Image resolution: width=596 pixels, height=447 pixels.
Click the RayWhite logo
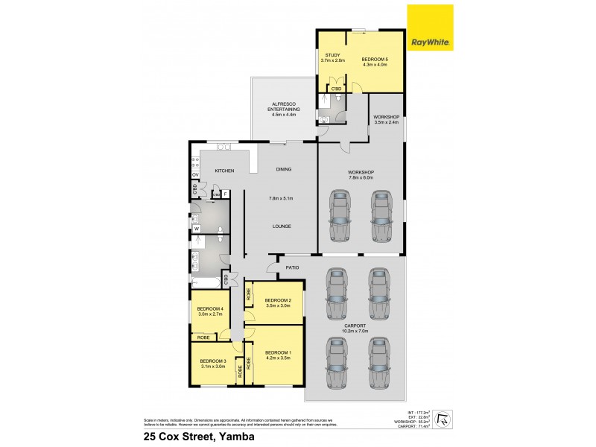pos(430,28)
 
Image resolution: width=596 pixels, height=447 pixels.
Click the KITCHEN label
pos(224,171)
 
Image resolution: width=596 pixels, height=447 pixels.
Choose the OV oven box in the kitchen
pos(195,174)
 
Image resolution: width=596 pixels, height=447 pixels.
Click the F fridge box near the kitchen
pos(226,194)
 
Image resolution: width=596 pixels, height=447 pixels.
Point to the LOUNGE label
pos(282,226)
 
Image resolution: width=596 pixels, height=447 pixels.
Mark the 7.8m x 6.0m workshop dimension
pos(362,177)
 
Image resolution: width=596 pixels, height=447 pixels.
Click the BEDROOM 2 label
pos(277,300)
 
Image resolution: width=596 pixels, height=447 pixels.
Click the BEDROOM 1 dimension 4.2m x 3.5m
pos(277,358)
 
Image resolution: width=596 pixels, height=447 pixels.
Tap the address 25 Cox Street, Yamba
pos(194,437)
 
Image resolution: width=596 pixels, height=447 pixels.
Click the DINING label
pos(283,169)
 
